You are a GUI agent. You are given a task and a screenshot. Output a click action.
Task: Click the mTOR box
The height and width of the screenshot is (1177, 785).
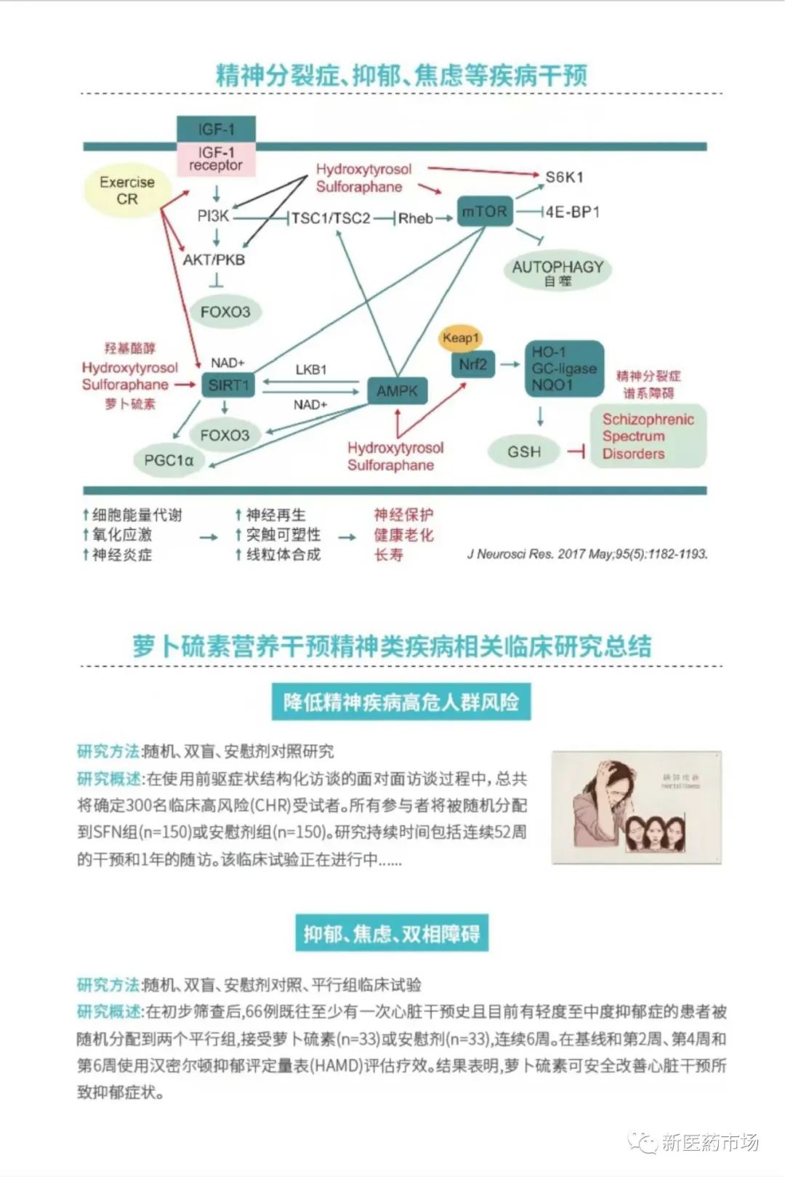click(485, 212)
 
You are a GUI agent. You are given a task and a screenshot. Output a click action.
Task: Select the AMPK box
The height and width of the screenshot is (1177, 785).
click(397, 391)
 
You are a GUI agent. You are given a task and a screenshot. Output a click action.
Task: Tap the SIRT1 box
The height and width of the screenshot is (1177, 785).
click(228, 385)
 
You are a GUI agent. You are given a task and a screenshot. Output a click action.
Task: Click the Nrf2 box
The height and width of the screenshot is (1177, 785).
click(472, 364)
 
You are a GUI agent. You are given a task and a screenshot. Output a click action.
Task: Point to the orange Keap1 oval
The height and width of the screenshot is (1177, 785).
click(460, 338)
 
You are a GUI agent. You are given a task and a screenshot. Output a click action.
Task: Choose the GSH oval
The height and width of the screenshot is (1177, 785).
click(524, 451)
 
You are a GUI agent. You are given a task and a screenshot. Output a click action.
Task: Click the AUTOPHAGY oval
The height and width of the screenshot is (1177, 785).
click(557, 271)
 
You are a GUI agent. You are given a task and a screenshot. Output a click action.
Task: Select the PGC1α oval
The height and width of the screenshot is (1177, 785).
click(169, 460)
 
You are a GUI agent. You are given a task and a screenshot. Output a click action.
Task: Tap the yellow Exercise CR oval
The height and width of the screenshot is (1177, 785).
click(127, 190)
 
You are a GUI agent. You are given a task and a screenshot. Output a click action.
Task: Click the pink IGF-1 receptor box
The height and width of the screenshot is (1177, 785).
click(216, 159)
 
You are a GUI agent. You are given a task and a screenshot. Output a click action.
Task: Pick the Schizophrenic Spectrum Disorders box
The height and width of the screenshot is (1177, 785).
click(648, 436)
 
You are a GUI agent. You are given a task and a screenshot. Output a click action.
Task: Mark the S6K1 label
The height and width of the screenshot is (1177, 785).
click(565, 177)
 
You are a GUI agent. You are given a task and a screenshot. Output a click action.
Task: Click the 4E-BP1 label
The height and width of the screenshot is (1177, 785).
click(573, 212)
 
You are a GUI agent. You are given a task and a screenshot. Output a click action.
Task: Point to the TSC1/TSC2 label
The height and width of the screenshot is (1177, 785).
click(331, 218)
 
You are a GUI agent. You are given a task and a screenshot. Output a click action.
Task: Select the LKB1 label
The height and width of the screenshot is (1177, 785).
click(311, 370)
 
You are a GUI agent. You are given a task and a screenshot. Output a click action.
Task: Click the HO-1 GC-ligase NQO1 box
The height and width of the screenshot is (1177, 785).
click(564, 369)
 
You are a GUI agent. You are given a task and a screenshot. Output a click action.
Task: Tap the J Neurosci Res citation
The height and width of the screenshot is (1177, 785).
click(587, 554)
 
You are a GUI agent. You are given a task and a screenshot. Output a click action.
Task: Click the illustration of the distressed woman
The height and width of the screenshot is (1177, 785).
click(636, 807)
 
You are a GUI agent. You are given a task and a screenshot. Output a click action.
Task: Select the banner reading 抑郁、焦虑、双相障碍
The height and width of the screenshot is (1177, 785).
click(392, 933)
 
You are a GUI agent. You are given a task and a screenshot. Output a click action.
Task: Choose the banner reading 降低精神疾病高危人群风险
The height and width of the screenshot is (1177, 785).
click(401, 702)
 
